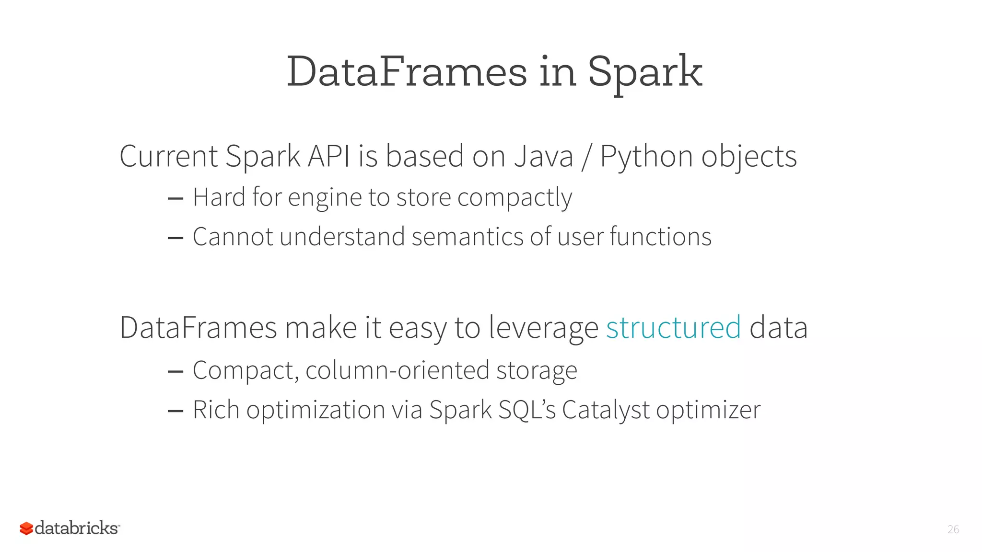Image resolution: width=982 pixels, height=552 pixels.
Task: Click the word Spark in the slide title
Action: click(645, 73)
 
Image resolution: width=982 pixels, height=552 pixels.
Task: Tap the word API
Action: click(329, 156)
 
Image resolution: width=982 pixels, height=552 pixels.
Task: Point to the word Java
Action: click(543, 156)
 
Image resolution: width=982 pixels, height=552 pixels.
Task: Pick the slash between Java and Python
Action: click(586, 157)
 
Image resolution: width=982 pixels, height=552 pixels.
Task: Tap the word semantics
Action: click(468, 237)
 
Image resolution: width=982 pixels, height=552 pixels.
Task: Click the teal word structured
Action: click(673, 328)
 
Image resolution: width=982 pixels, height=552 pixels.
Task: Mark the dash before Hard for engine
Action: click(175, 198)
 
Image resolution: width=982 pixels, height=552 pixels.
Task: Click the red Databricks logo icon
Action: click(26, 529)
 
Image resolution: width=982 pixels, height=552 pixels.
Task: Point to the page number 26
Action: click(953, 529)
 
